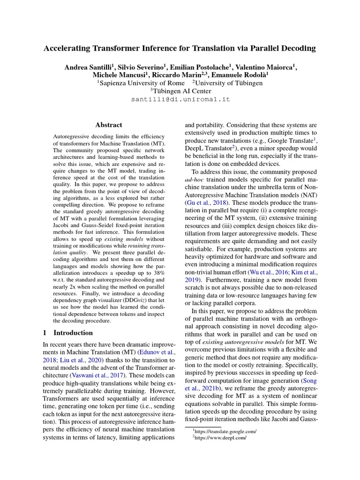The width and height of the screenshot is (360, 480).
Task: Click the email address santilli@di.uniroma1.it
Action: pyautogui.click(x=180, y=100)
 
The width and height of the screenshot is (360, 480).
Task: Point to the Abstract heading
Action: pyautogui.click(x=109, y=125)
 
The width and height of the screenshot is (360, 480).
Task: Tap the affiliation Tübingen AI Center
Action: pyautogui.click(x=180, y=91)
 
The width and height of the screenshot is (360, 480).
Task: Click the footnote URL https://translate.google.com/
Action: pyautogui.click(x=227, y=430)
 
